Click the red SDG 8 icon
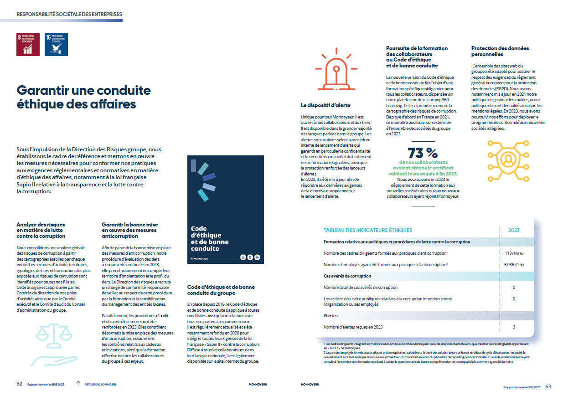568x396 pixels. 28,44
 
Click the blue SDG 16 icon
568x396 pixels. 56,44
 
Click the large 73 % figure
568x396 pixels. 422,152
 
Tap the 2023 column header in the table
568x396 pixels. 514,230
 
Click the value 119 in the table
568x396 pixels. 509,253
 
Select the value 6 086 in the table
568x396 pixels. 509,264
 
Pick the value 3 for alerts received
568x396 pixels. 514,327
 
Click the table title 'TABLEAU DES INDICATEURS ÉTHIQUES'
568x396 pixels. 368,230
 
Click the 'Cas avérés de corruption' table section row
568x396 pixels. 347,276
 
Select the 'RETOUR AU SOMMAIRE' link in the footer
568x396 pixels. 100,385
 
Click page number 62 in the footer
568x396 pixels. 20,384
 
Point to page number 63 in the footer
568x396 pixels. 548,386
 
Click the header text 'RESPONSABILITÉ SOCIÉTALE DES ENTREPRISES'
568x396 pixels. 69,14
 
